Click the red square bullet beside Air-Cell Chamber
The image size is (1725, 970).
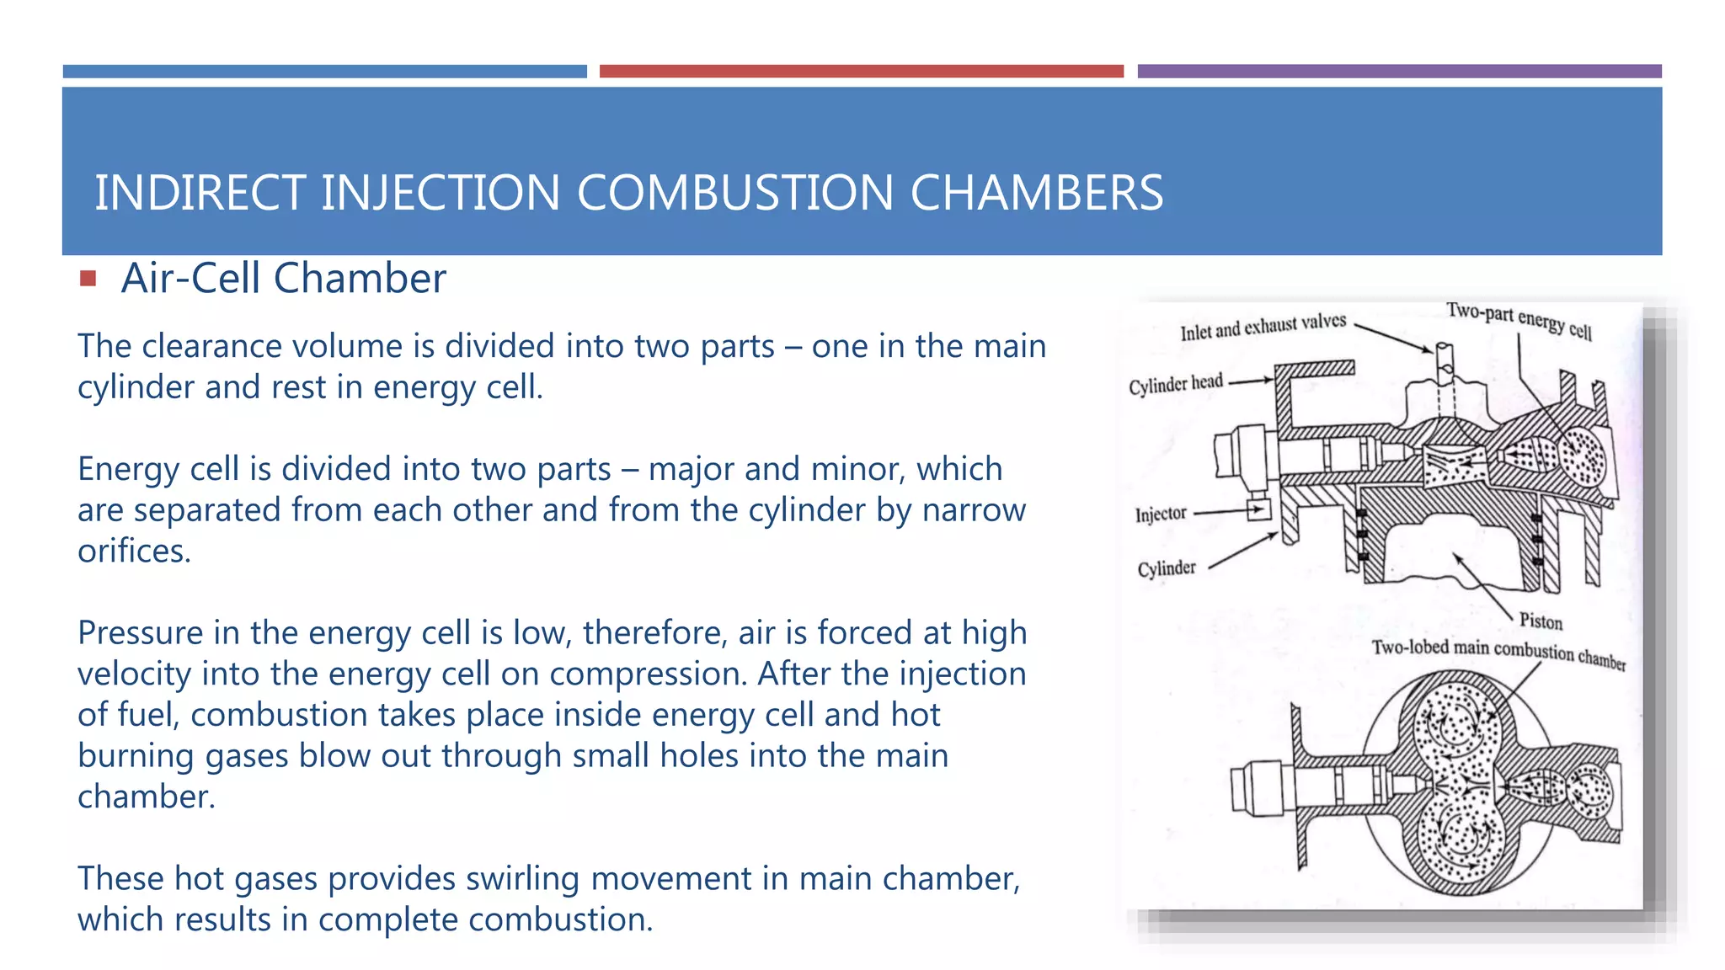click(88, 278)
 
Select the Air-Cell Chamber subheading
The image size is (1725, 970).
click(283, 278)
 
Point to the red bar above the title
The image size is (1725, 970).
click(861, 72)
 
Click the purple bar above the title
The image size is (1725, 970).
click(1399, 72)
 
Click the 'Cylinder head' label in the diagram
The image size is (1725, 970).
click(1175, 384)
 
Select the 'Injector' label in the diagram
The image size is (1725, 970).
click(1160, 514)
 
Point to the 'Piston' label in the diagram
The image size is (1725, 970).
click(1541, 621)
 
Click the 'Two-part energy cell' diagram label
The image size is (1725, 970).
click(1519, 321)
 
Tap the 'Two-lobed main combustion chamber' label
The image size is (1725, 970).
click(1498, 653)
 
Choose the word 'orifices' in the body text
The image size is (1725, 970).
click(134, 552)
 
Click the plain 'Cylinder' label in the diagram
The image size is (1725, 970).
click(1167, 569)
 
